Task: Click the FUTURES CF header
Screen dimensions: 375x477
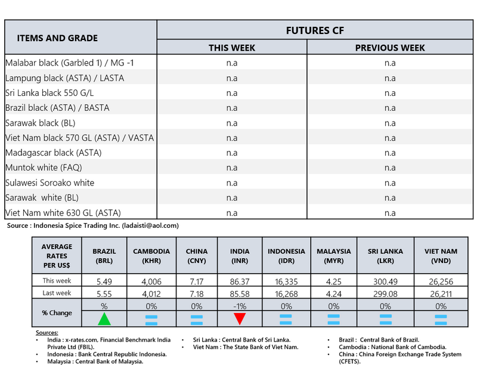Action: [x=315, y=30]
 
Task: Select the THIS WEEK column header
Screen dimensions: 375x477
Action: [x=232, y=48]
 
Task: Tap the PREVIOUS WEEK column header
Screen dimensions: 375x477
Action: [x=389, y=48]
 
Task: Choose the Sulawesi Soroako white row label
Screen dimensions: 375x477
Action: [x=49, y=182]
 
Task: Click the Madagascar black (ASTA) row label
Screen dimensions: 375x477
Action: [x=53, y=153]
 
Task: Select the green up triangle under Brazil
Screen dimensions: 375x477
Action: [x=104, y=318]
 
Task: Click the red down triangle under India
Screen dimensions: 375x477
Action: [x=240, y=318]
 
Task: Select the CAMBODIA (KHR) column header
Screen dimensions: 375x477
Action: [x=151, y=256]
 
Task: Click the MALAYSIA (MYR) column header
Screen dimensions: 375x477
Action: [x=333, y=256]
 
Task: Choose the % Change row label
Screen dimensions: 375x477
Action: [x=57, y=312]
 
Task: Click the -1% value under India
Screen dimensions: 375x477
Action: [x=240, y=306]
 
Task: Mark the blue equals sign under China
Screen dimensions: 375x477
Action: [x=197, y=319]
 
